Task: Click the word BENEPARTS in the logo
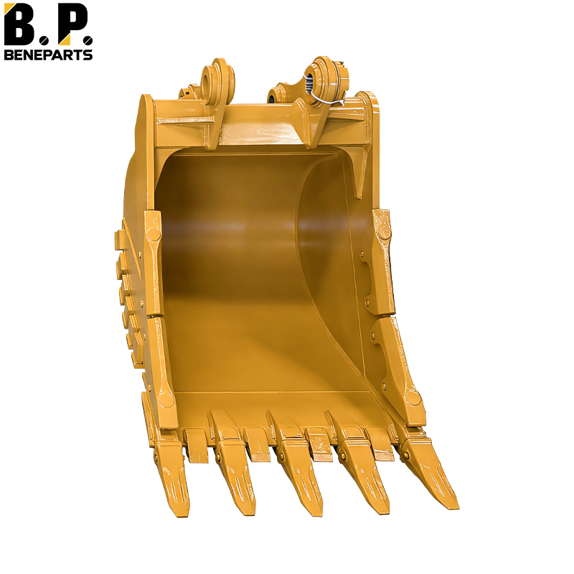48,55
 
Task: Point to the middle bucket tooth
298,476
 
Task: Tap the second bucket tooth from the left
235,476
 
